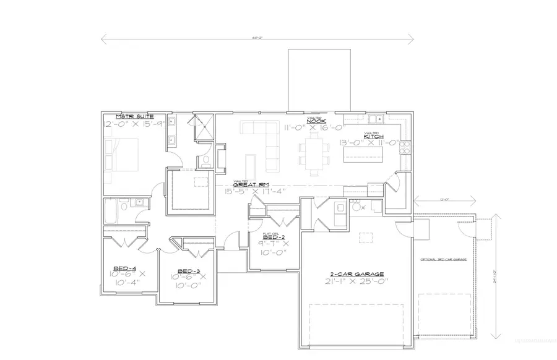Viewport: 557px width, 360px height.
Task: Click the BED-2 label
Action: [274, 237]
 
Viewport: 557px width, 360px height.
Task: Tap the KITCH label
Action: [373, 136]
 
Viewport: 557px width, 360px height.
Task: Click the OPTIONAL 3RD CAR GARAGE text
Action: [442, 259]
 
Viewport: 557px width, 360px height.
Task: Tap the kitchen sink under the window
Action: [375, 119]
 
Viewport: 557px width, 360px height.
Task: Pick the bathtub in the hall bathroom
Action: [109, 211]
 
